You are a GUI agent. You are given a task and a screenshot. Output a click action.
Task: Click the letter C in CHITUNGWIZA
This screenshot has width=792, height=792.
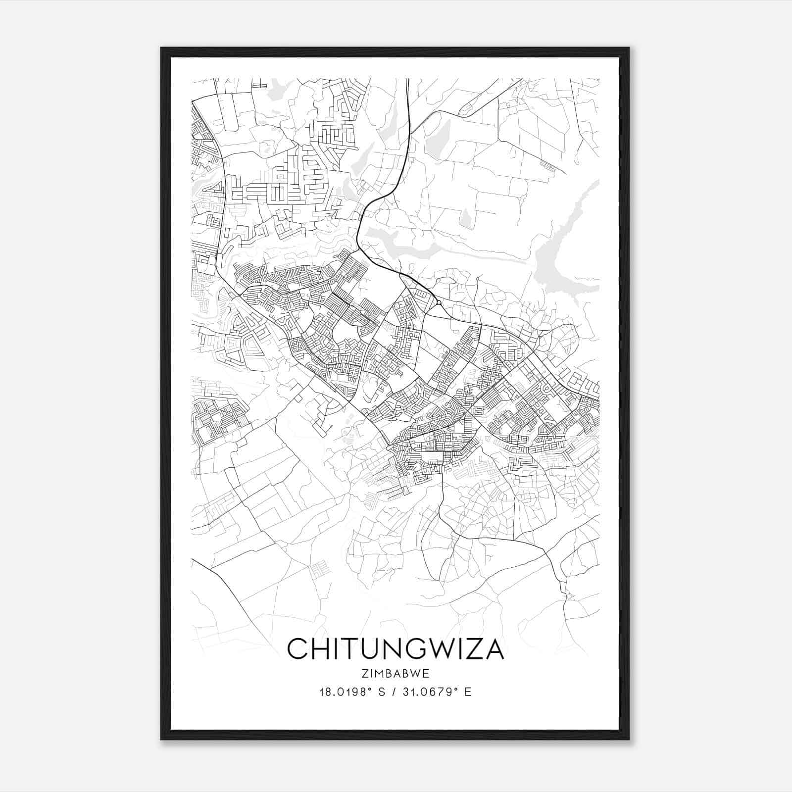(297, 649)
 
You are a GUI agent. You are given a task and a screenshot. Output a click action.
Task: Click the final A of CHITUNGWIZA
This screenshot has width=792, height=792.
(495, 649)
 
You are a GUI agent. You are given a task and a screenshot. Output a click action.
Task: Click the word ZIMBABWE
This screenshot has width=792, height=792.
(396, 674)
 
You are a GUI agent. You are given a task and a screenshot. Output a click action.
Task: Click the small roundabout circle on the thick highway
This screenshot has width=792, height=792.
(439, 302)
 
